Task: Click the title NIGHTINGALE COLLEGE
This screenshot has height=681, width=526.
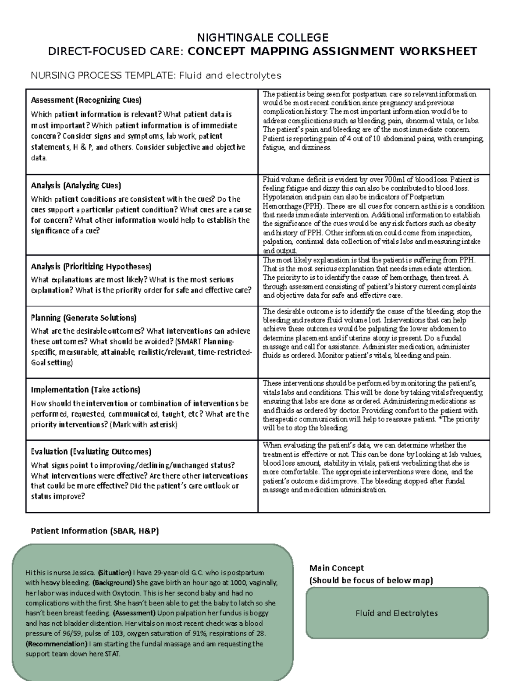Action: (263, 37)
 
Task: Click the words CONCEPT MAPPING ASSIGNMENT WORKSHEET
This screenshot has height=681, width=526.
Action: (332, 52)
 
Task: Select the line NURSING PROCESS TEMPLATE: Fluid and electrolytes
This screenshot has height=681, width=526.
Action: (156, 76)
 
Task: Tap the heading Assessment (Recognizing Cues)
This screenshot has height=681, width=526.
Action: (86, 100)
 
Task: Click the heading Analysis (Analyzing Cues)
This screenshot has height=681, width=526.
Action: (76, 185)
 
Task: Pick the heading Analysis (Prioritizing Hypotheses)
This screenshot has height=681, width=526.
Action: (91, 266)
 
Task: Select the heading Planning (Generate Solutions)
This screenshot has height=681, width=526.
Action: (84, 317)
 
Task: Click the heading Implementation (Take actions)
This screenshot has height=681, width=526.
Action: (85, 389)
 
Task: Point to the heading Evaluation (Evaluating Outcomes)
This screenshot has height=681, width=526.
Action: (91, 451)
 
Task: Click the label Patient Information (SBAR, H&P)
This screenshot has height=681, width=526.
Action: (95, 531)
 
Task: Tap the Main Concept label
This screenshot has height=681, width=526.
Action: (336, 568)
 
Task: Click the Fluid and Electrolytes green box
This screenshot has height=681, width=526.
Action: (396, 613)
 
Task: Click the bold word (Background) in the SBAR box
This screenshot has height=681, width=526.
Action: (114, 583)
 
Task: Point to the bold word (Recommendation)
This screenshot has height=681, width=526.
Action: (57, 644)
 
